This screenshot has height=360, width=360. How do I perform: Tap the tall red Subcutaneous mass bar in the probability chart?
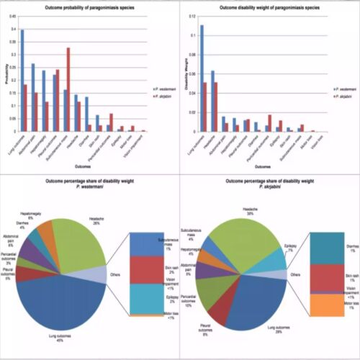(x=68, y=89)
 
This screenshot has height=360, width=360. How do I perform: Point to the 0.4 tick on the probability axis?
(x=12, y=29)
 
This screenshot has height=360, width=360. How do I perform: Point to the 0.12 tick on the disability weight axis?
(x=190, y=16)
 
